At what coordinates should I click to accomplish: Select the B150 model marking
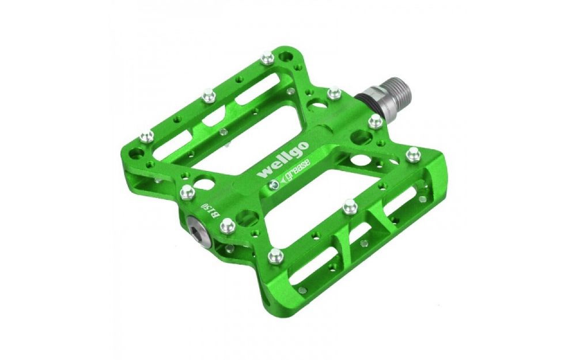click(x=209, y=210)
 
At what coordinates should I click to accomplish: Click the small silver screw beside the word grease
click(x=275, y=185)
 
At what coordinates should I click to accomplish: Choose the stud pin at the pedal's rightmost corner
click(x=412, y=153)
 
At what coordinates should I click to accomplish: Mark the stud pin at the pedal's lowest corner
click(x=275, y=254)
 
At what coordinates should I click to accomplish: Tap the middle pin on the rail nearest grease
click(x=348, y=204)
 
